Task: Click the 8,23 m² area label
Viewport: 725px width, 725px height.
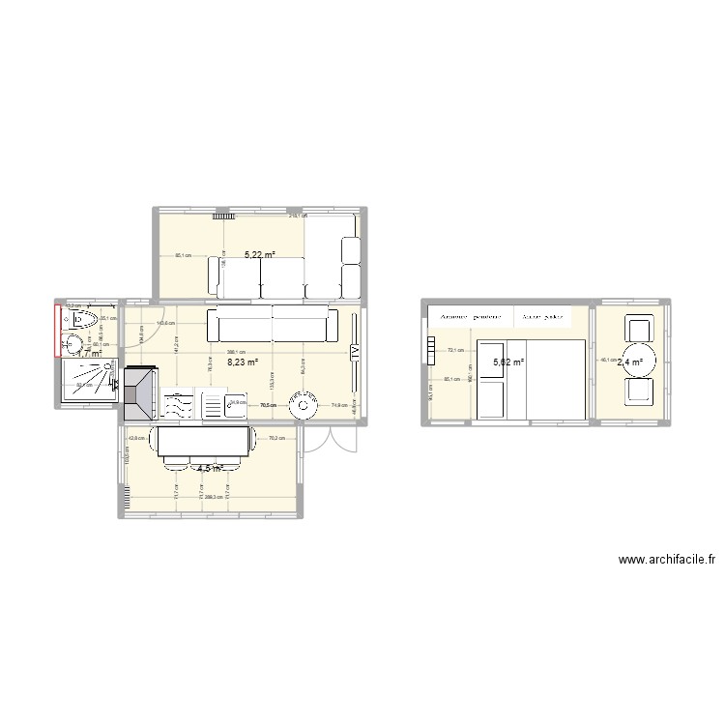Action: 243,363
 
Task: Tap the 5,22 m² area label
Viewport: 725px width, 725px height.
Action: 259,256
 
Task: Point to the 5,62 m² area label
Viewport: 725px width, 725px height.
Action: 508,363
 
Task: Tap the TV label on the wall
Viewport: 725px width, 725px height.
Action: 355,353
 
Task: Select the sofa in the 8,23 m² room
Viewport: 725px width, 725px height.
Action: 272,324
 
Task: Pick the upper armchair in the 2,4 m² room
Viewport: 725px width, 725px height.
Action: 639,328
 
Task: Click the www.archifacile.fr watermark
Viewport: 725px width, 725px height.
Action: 666,560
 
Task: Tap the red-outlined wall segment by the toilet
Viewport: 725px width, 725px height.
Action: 57,330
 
